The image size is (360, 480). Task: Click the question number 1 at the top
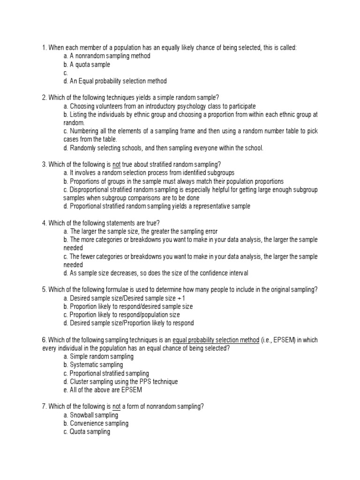tap(44, 47)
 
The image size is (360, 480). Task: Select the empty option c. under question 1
tap(66, 73)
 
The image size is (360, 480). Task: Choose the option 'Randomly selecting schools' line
tap(164, 148)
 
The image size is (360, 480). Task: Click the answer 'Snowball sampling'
tap(90, 415)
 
